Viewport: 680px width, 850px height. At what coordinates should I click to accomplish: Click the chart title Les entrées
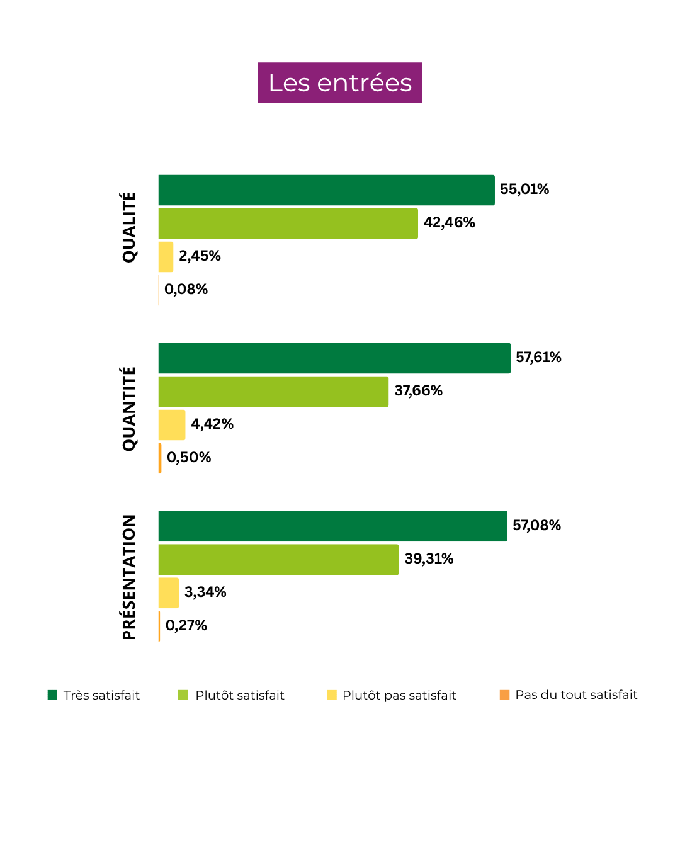[340, 83]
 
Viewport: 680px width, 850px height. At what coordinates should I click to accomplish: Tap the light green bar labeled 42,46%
[288, 224]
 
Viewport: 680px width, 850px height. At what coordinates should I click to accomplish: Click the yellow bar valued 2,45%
[166, 257]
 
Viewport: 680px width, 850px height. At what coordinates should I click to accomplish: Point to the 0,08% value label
[186, 290]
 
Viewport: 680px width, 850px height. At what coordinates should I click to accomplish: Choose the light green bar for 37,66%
[273, 392]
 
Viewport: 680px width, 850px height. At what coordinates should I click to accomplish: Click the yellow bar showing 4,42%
[171, 425]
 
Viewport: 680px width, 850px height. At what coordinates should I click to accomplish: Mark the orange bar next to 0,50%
[160, 458]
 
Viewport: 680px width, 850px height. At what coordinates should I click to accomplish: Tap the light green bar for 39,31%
[278, 560]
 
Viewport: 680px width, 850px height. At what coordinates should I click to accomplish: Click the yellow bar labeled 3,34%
[168, 593]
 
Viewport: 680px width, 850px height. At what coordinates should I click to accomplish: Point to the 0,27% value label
[186, 626]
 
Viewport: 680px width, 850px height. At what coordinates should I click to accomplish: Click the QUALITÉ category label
[129, 227]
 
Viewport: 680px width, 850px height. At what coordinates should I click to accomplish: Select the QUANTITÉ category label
[129, 409]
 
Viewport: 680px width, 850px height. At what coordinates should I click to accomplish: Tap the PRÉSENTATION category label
[129, 577]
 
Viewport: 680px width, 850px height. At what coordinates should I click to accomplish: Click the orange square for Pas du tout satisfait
[504, 695]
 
